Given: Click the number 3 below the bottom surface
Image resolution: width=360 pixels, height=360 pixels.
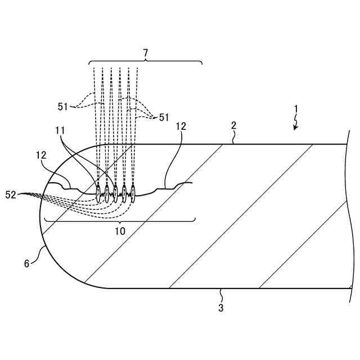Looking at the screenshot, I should pos(221,308).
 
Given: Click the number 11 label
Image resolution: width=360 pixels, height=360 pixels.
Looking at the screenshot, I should pos(60,130).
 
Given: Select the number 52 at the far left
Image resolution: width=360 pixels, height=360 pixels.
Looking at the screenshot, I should pos(11,194).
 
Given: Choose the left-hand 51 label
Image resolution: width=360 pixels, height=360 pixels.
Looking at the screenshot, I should pos(62,105).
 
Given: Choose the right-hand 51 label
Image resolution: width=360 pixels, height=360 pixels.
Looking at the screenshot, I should pos(164,117).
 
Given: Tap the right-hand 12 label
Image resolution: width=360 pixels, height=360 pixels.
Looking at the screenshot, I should pos(181,127).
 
